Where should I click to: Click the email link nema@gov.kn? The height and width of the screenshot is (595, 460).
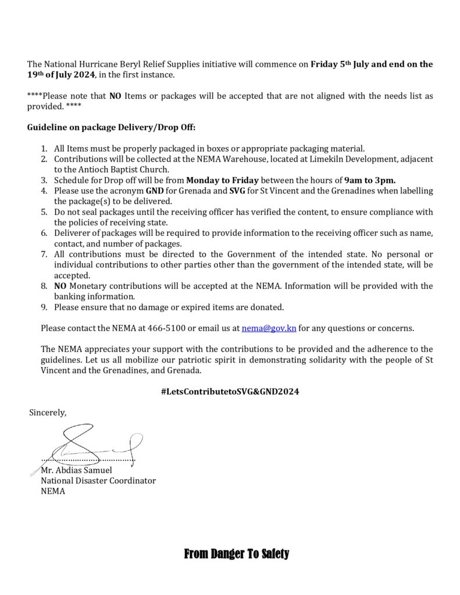[x=269, y=328]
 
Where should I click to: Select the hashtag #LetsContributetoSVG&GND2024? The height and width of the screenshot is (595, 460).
[x=230, y=392]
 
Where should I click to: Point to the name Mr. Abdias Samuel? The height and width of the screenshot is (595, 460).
[x=76, y=470]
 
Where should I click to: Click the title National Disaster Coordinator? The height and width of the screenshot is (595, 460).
[x=98, y=481]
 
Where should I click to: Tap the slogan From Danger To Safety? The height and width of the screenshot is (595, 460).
[x=236, y=554]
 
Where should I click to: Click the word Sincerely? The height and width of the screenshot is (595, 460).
[x=48, y=413]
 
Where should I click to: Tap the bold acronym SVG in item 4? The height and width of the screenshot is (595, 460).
[x=244, y=191]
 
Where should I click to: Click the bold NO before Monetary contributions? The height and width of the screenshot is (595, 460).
[x=60, y=286]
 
